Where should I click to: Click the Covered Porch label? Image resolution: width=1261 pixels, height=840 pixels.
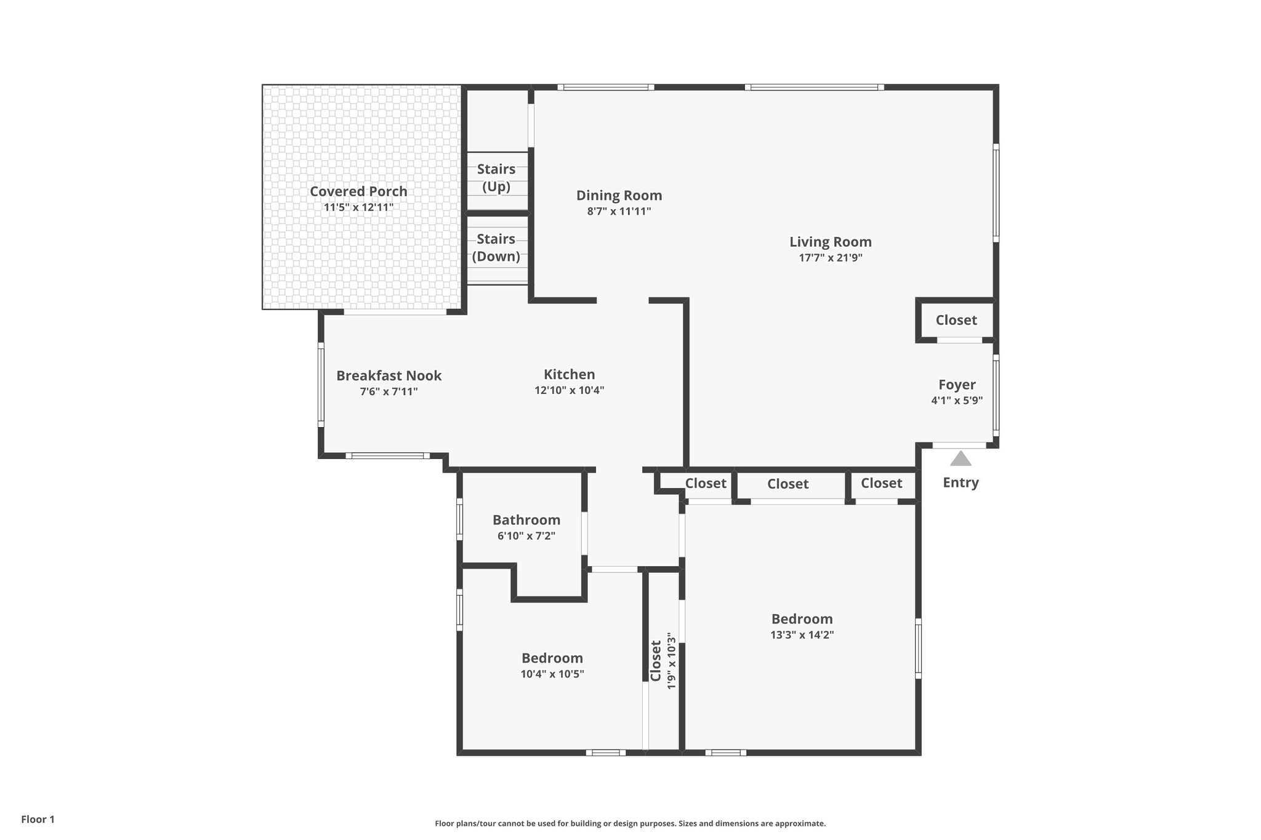pos(358,191)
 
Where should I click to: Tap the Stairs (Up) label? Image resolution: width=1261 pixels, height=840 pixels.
pos(496,177)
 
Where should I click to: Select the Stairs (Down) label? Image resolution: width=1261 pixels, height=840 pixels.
pos(496,247)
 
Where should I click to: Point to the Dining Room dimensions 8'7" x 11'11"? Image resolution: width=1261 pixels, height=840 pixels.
pos(619,211)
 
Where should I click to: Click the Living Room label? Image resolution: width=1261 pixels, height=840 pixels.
pos(830,242)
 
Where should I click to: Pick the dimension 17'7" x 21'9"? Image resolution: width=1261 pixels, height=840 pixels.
pos(830,258)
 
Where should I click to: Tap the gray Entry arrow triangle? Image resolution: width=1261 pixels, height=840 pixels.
pos(961,458)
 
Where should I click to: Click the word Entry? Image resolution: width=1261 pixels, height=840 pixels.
pos(961,482)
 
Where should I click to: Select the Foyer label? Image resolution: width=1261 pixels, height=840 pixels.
pos(957,385)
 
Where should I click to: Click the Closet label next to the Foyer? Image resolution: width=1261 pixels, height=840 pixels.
pos(956,320)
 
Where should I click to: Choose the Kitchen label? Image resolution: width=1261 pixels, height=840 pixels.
pos(569,374)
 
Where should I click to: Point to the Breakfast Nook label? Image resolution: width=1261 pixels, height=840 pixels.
pos(389,375)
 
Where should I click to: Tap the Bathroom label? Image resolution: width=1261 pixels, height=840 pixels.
pos(526,520)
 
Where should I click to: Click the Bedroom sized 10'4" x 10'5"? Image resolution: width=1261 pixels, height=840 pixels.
pos(552,658)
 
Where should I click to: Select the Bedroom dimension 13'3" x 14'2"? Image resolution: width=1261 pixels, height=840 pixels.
pos(802,635)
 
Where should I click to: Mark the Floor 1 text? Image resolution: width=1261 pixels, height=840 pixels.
pos(38,819)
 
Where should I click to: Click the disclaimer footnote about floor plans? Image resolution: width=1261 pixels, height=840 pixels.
pos(630,823)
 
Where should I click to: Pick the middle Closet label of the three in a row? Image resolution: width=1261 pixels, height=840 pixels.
pos(788,484)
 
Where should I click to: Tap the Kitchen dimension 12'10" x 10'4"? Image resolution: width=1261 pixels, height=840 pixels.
pos(569,390)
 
